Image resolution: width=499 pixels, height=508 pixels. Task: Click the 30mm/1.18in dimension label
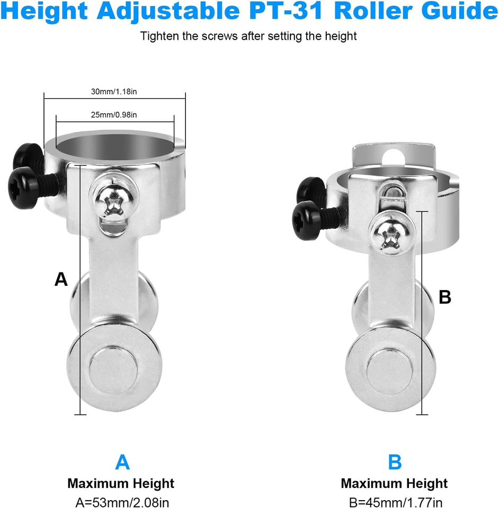tap(114, 92)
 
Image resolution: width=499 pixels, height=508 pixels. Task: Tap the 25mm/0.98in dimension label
tap(114, 115)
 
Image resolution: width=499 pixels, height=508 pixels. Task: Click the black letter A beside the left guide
tap(61, 279)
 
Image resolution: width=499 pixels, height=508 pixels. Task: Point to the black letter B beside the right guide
tap(445, 297)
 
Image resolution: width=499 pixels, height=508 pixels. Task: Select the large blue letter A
tap(122, 462)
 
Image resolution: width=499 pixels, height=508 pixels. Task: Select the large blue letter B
tap(395, 462)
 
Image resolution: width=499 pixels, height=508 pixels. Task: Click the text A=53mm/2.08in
tap(122, 502)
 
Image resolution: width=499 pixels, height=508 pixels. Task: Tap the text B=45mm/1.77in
tap(396, 502)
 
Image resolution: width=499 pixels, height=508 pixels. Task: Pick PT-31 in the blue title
tap(287, 11)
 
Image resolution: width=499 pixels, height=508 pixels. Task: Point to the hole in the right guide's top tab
tap(393, 158)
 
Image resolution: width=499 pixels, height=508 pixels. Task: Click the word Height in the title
tap(44, 11)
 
